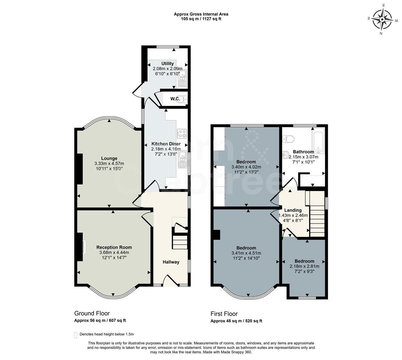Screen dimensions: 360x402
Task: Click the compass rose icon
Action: click(382, 20)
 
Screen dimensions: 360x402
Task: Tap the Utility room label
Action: click(168, 64)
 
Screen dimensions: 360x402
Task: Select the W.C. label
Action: click(175, 99)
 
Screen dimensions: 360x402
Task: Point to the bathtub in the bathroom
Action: click(318, 140)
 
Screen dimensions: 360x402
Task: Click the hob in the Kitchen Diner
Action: click(182, 134)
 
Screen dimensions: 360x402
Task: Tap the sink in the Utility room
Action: click(182, 79)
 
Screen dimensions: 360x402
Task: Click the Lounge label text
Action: click(109, 158)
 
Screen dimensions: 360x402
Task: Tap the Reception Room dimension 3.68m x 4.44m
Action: click(114, 253)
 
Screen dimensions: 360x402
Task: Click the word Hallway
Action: click(171, 262)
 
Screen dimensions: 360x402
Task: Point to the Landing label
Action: click(293, 210)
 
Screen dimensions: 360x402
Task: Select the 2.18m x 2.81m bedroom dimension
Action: click(304, 266)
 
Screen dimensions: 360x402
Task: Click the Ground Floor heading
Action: click(92, 313)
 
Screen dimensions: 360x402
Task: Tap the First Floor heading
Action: click(224, 314)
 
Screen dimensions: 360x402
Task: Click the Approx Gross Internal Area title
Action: click(201, 14)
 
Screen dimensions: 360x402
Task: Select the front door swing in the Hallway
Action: click(170, 280)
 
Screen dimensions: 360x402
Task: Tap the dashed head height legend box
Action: click(76, 334)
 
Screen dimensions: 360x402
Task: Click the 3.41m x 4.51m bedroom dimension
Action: click(246, 253)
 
